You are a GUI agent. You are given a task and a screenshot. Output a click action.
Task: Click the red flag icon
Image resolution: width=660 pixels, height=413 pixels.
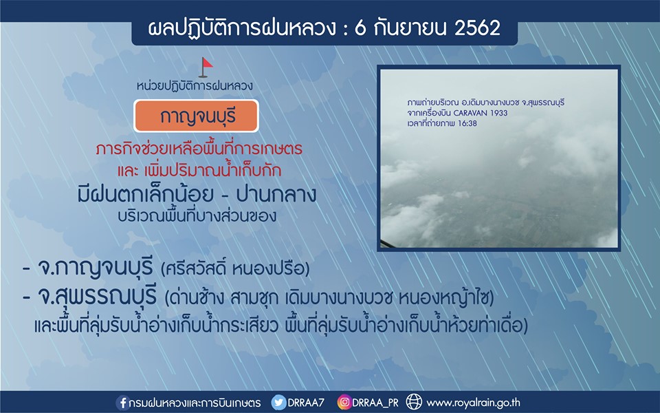[205, 67]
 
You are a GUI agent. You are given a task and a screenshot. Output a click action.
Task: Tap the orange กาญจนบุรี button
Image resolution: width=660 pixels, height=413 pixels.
[196, 116]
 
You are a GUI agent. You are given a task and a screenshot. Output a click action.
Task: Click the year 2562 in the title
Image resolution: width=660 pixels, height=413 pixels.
[477, 28]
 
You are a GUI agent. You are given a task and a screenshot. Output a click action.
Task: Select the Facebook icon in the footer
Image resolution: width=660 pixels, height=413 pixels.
[123, 403]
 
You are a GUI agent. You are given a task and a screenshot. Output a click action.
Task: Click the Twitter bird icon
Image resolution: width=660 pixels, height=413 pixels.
[278, 403]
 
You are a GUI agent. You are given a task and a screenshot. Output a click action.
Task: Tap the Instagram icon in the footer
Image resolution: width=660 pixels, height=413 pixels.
[344, 403]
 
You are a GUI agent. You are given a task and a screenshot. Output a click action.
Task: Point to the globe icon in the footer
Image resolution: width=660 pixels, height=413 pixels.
[414, 402]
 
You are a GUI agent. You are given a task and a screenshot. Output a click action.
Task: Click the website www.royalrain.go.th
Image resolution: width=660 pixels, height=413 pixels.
[474, 403]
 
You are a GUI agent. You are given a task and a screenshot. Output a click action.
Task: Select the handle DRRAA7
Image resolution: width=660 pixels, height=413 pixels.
[306, 403]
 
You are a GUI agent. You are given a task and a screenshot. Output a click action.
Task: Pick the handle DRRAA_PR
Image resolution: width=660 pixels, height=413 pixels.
[375, 403]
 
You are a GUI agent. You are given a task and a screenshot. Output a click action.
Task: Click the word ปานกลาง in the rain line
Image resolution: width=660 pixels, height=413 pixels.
[276, 195]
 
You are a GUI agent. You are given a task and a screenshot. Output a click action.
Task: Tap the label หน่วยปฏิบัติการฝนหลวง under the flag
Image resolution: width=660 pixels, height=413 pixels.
[195, 86]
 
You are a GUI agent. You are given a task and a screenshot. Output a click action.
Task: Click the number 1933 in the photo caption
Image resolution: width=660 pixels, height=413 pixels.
[499, 113]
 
